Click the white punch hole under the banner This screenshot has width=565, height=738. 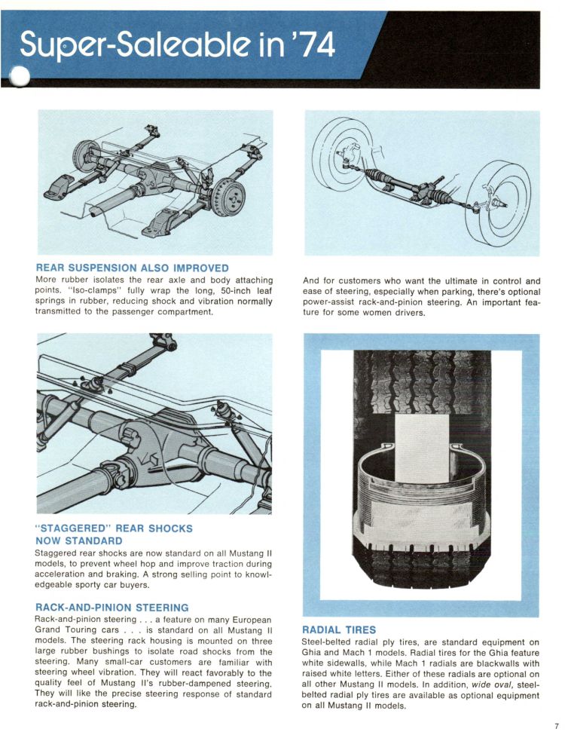click(18, 77)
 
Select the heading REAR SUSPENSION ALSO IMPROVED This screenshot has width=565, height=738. click(132, 267)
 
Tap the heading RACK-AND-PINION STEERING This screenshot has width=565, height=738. click(111, 607)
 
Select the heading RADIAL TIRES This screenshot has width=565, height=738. click(339, 629)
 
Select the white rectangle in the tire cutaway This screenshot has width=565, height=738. click(421, 448)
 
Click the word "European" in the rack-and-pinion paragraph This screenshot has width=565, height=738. click(249, 620)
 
